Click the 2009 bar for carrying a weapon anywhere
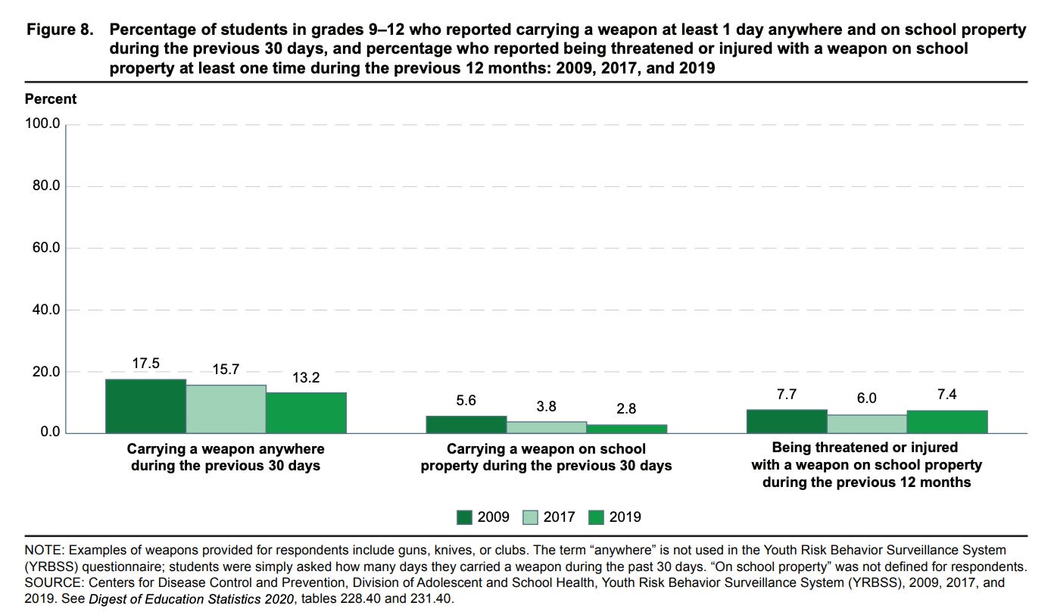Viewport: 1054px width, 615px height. (145, 406)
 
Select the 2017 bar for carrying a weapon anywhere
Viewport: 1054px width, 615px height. (226, 409)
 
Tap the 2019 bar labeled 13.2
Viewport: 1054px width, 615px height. (306, 413)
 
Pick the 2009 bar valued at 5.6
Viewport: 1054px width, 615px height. (466, 425)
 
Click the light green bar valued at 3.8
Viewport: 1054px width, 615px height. (547, 427)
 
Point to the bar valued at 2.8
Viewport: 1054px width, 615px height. (627, 429)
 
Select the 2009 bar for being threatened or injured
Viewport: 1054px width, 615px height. (787, 421)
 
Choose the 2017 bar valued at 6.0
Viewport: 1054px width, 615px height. (867, 424)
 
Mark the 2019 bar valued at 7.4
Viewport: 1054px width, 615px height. (947, 422)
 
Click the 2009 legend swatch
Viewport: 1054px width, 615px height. (465, 517)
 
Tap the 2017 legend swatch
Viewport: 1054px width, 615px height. (530, 517)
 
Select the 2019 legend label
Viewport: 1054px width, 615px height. (625, 517)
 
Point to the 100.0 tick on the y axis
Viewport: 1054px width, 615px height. (45, 123)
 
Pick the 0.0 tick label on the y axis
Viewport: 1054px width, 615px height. (49, 432)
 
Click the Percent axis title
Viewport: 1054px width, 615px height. (51, 99)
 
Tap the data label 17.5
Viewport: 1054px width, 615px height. (145, 364)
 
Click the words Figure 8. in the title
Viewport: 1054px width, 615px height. (61, 31)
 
